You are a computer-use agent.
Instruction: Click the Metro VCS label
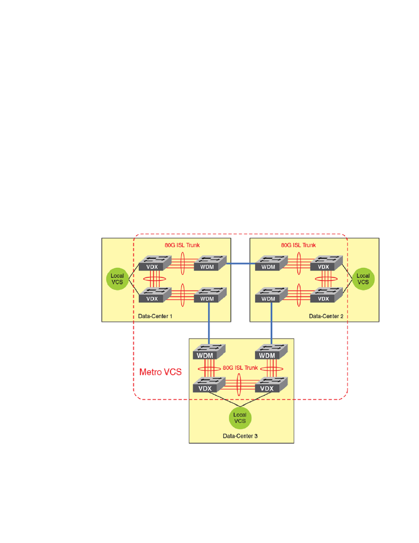160,372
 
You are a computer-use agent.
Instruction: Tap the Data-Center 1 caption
155,316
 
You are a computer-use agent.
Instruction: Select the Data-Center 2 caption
326,316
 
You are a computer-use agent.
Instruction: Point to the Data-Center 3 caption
240,436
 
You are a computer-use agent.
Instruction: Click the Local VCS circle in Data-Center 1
117,279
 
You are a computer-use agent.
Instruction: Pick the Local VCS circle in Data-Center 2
363,279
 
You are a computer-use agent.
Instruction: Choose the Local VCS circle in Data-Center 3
240,418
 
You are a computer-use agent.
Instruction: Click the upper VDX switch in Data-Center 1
155,263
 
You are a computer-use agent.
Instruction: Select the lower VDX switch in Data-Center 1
155,295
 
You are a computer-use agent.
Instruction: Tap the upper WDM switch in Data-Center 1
210,263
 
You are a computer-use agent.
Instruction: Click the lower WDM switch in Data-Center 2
271,295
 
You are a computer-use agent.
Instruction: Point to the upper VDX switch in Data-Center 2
326,263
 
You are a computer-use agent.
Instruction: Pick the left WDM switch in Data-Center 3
209,352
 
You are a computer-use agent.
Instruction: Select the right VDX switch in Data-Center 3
271,385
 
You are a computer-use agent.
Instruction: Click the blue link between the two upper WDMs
241,263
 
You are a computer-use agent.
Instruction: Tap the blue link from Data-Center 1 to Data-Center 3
209,323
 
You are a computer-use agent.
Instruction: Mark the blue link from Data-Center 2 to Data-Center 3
271,323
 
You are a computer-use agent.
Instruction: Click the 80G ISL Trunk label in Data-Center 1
182,245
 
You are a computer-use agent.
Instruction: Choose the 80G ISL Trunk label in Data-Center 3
240,368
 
